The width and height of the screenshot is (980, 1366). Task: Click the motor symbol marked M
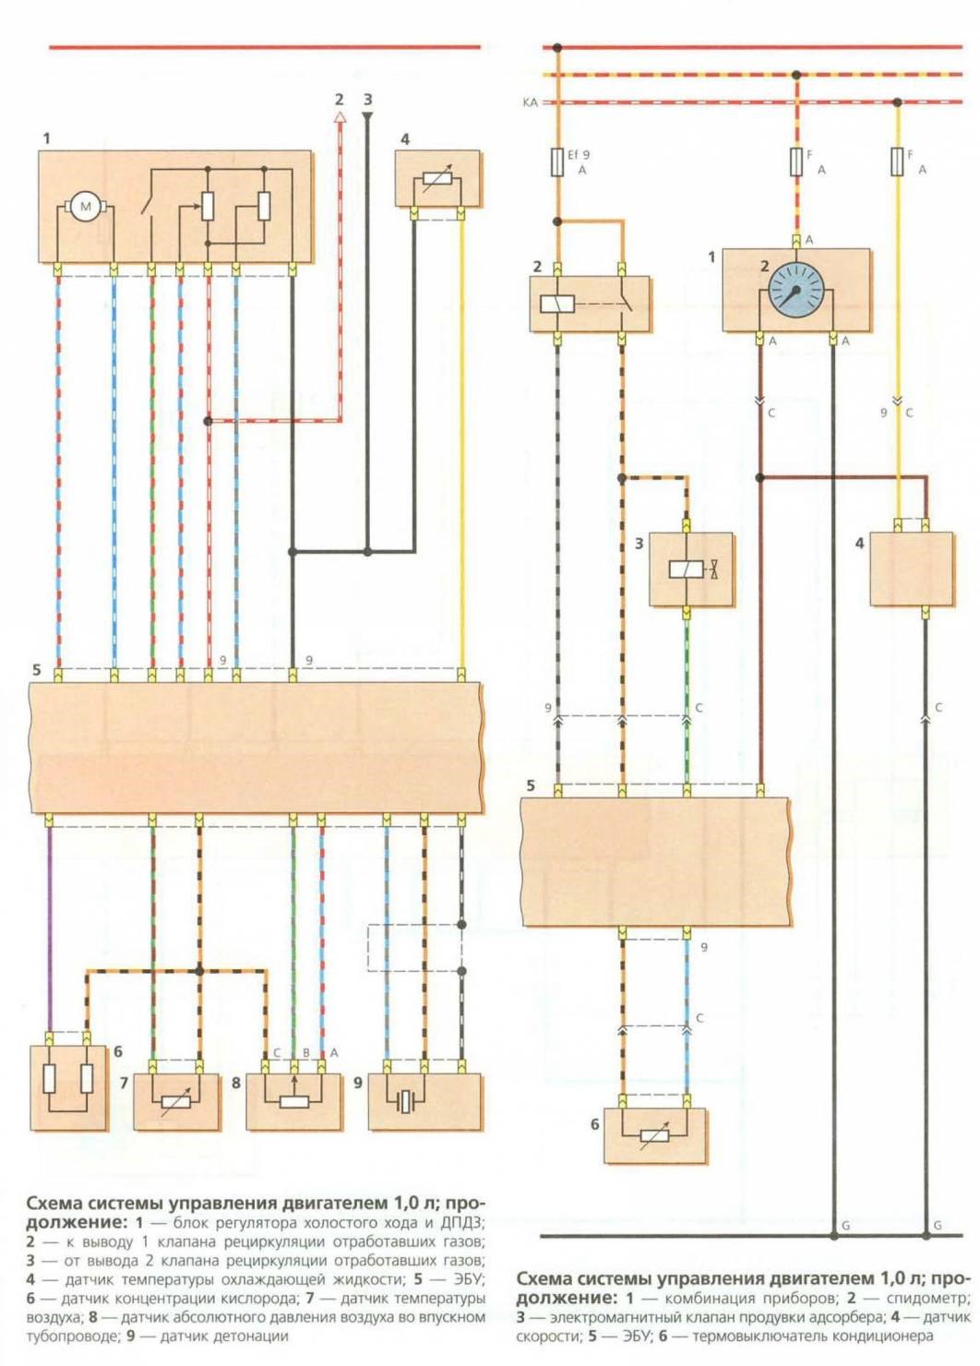tap(86, 206)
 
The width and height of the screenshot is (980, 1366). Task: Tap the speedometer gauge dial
tap(795, 290)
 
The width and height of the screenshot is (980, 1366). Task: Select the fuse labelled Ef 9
tap(557, 162)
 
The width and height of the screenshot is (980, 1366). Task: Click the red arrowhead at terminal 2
tap(340, 117)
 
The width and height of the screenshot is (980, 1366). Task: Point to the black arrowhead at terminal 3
tap(367, 116)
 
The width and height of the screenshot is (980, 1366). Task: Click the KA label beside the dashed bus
tap(530, 102)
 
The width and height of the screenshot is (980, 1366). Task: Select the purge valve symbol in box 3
tap(693, 569)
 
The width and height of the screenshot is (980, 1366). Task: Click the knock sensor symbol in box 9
tap(406, 1101)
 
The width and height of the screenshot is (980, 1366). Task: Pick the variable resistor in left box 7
tap(176, 1101)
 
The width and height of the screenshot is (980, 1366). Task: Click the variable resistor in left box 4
tap(437, 181)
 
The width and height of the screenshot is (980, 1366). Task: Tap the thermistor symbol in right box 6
tap(654, 1135)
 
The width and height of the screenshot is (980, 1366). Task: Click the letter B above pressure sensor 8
tap(306, 1052)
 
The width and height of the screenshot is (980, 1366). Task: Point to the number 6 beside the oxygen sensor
tap(118, 1051)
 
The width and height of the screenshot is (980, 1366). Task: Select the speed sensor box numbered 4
tap(911, 569)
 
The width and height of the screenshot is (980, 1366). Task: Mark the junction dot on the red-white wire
tap(209, 421)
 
